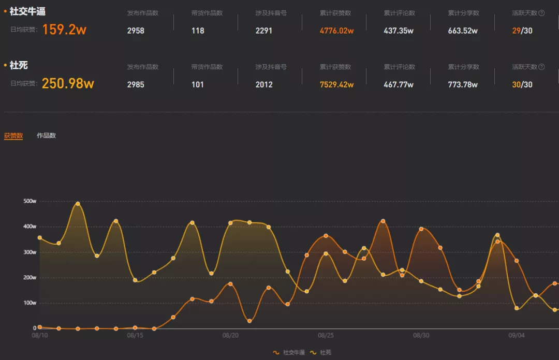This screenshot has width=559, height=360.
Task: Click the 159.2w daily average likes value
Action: pos(64,29)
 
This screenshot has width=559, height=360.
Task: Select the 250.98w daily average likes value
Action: pos(68,83)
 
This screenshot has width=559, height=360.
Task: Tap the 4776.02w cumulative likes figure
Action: pos(336,31)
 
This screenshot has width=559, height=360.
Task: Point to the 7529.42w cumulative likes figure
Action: pos(336,85)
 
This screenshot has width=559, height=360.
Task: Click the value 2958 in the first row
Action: pos(136,31)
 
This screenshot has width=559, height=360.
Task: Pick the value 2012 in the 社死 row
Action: pos(264,85)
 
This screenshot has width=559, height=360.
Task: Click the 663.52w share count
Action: pos(463,31)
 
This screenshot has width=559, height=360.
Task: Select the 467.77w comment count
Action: pos(399,85)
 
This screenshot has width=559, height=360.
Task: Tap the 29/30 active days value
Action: pos(522,31)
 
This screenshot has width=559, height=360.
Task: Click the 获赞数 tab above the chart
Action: pos(13,136)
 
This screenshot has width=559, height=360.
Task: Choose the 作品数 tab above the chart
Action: pos(46,136)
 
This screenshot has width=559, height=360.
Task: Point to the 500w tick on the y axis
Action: pos(30,201)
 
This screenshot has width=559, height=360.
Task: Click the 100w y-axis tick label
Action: pos(30,303)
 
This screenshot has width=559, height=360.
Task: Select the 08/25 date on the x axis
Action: pos(326,335)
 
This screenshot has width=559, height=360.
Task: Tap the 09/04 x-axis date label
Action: pos(517,335)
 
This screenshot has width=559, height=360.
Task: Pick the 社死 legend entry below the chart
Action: pos(321,352)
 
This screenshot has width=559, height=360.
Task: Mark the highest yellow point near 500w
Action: pos(78,203)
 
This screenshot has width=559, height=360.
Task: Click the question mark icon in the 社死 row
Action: pos(541,67)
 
